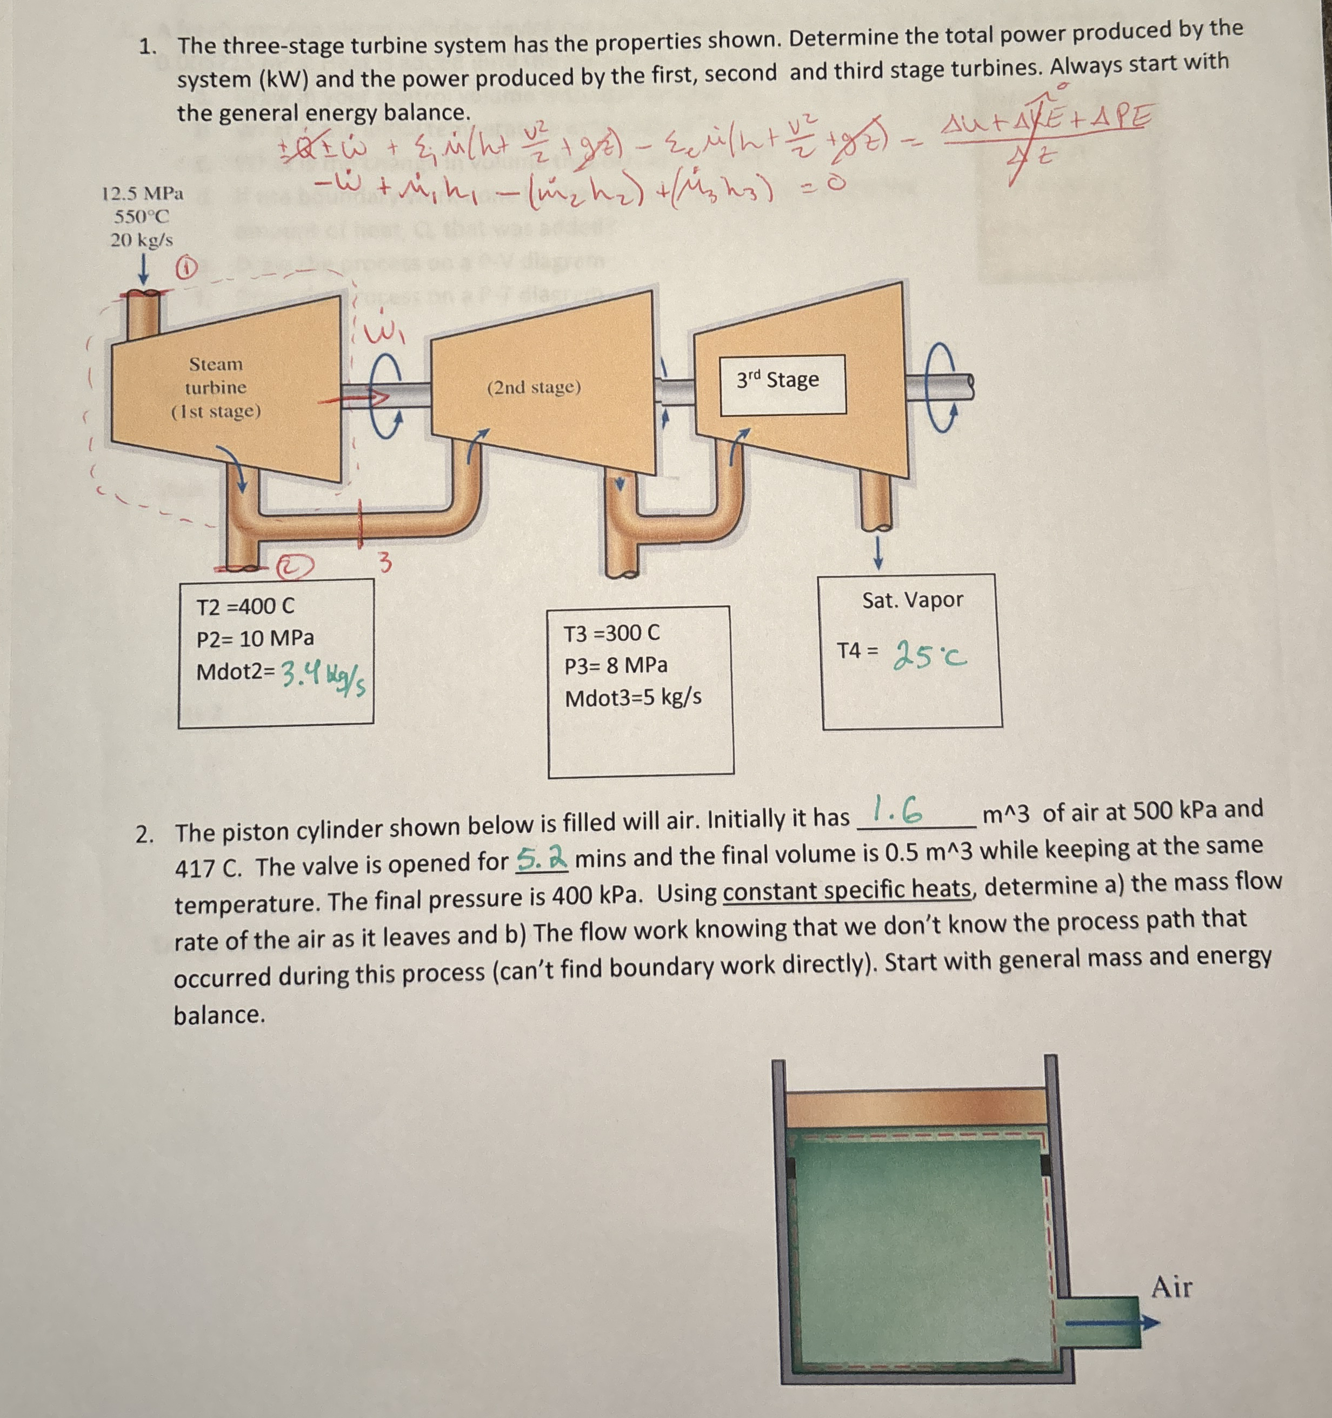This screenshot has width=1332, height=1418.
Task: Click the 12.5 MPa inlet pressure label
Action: (x=142, y=193)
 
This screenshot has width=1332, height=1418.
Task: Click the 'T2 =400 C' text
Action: (x=245, y=607)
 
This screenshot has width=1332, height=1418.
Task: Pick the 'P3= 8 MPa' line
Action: (x=616, y=665)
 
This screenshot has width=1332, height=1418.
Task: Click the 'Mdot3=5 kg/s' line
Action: (x=633, y=698)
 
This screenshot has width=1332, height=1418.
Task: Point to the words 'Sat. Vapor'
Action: (x=912, y=600)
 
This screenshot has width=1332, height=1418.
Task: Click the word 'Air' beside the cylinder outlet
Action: (x=1171, y=1287)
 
